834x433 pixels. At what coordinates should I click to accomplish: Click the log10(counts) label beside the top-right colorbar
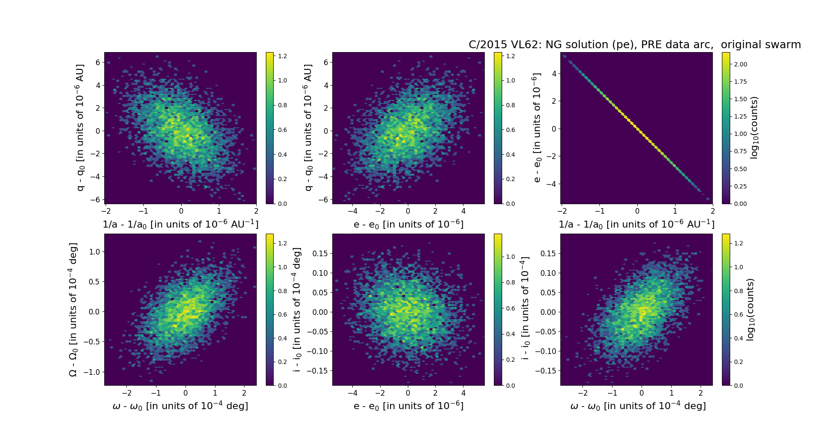[754, 128]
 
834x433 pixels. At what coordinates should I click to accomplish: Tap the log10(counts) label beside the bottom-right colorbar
[750, 310]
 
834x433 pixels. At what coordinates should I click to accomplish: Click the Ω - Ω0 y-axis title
[73, 310]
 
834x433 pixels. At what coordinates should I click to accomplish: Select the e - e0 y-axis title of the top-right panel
[537, 128]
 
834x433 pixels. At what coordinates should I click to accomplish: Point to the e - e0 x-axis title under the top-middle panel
[408, 225]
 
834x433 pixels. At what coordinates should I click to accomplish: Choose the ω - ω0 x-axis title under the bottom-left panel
[180, 406]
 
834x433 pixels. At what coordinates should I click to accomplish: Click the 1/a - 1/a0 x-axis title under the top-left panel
[180, 225]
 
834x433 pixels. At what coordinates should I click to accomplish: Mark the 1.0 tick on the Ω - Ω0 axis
[94, 252]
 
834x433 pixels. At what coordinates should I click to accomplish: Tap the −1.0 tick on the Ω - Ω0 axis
[92, 372]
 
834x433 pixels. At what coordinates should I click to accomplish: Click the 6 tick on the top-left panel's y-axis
[98, 63]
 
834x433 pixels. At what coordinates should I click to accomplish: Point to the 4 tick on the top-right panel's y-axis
[554, 74]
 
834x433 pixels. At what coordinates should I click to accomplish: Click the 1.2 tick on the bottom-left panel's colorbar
[282, 243]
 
